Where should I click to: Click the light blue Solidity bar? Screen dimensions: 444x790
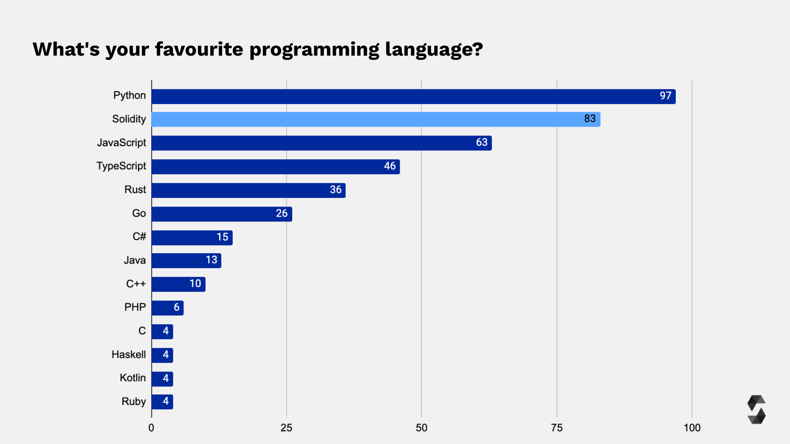[376, 119]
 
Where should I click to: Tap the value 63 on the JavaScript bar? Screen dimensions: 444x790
[482, 142]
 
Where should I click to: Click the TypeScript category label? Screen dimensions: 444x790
[121, 166]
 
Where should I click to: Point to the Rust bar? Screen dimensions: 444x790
[248, 190]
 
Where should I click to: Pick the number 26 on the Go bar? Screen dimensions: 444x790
[282, 213]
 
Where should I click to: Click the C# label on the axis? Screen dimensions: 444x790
[139, 237]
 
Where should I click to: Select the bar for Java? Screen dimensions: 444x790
[186, 260]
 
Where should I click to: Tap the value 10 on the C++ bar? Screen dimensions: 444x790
[195, 284]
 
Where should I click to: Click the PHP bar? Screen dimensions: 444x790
[167, 308]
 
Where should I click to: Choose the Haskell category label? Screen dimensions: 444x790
[128, 355]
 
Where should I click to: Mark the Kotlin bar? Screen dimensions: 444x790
[162, 379]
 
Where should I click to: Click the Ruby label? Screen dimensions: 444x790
[133, 402]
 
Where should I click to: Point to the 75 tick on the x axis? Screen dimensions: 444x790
[556, 428]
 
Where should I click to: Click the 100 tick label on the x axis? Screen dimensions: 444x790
[692, 428]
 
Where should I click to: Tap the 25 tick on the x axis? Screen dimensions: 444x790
[286, 428]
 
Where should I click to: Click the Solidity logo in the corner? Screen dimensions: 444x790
[756, 410]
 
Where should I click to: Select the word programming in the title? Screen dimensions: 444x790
[314, 50]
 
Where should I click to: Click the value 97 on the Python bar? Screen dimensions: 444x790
[665, 96]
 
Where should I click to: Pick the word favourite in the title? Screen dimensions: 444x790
[199, 49]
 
